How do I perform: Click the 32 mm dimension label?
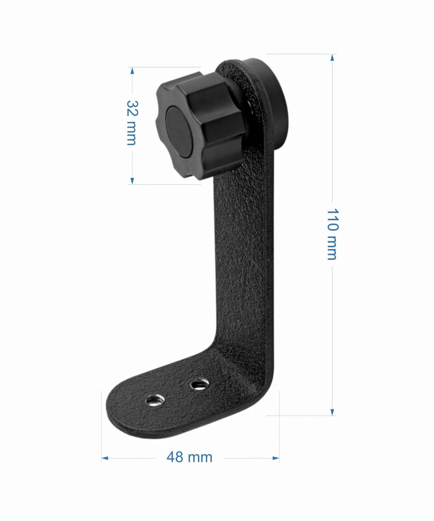click(x=132, y=123)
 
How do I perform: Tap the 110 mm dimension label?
click(x=333, y=234)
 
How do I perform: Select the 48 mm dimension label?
click(x=189, y=457)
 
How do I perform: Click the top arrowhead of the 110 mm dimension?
click(x=332, y=58)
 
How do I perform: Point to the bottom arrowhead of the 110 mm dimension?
click(x=332, y=412)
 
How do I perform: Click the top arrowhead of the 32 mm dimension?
click(x=132, y=71)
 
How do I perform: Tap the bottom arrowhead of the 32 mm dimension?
click(x=132, y=181)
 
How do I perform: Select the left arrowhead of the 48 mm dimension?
click(x=105, y=458)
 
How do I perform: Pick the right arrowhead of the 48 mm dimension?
click(x=276, y=458)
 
